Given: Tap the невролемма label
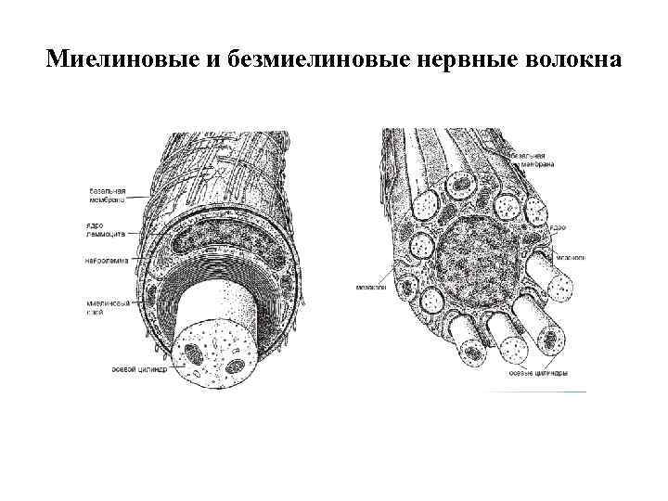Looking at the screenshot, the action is point(106,258).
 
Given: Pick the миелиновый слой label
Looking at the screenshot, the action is point(104,307).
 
